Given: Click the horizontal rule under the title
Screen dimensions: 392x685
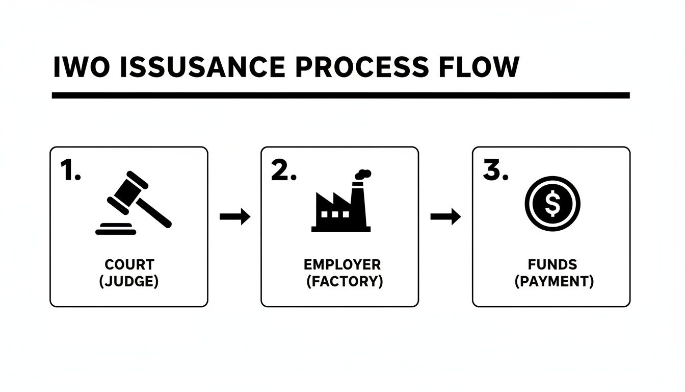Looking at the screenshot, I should [x=340, y=95].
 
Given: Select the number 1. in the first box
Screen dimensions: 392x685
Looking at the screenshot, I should [x=70, y=170].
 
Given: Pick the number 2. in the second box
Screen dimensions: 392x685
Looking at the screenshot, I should [x=283, y=170].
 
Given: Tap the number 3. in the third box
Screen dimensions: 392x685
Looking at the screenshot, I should [x=495, y=170].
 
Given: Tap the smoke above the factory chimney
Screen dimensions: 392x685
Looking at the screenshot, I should [x=362, y=175].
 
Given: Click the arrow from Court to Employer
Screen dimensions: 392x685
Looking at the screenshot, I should [x=235, y=217].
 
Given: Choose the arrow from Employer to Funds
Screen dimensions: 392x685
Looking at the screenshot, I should [x=445, y=217].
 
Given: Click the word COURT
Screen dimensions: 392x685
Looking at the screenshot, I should [x=129, y=265].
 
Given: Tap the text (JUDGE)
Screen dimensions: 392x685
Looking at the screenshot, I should [x=129, y=282].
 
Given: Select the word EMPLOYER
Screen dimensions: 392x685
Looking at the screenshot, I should [x=342, y=265].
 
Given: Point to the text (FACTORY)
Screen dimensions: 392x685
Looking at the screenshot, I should [x=344, y=282].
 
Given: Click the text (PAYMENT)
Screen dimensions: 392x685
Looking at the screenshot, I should [x=554, y=282].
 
